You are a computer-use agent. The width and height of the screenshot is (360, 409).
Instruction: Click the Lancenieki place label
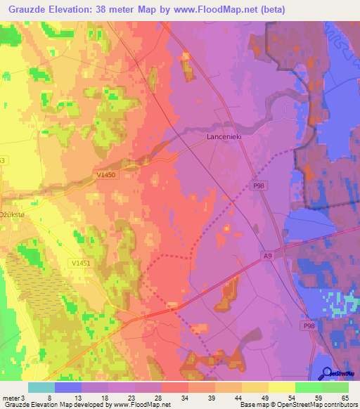224,138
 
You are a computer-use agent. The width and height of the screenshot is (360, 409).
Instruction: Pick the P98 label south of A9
309,326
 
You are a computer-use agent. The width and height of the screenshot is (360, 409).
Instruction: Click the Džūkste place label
12,215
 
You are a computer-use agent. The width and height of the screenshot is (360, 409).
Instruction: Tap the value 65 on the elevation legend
345,397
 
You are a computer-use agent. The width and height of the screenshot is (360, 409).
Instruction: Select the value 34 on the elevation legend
184,397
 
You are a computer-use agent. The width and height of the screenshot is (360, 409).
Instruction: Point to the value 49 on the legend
264,397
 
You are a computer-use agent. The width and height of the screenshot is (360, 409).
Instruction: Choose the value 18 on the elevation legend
104,397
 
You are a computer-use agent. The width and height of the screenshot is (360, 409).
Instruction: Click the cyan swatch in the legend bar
41,387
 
